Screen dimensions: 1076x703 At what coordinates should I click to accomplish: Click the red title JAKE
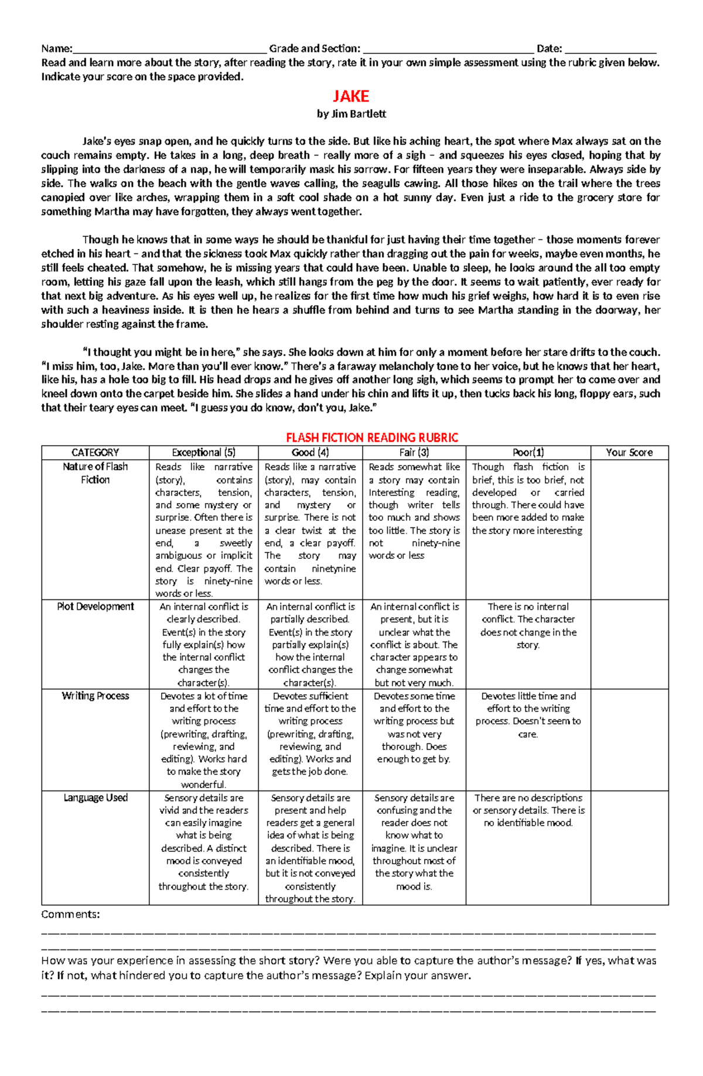click(x=351, y=96)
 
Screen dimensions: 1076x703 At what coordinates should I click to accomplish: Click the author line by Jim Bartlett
click(x=351, y=114)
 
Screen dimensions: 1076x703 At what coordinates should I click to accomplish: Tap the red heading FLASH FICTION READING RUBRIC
click(x=371, y=437)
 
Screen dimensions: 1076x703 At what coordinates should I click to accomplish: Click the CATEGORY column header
click(x=95, y=453)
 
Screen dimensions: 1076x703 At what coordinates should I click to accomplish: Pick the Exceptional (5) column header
click(x=203, y=453)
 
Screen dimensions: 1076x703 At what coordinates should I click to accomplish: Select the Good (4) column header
click(x=310, y=453)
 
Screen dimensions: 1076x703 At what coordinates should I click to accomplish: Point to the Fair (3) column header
click(x=414, y=453)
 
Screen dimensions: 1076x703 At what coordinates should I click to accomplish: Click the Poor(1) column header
click(x=528, y=453)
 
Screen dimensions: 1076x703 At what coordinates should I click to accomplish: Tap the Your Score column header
click(x=629, y=453)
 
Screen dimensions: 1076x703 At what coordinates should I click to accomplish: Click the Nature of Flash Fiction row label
click(x=95, y=473)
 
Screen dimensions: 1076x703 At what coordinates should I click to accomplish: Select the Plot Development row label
click(x=95, y=607)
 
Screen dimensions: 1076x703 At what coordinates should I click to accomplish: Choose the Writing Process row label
click(x=95, y=696)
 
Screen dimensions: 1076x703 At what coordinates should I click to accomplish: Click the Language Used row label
click(x=95, y=798)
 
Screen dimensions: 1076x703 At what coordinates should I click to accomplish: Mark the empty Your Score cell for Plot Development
click(x=629, y=644)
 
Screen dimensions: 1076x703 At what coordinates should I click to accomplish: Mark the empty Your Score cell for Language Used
click(x=629, y=847)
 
